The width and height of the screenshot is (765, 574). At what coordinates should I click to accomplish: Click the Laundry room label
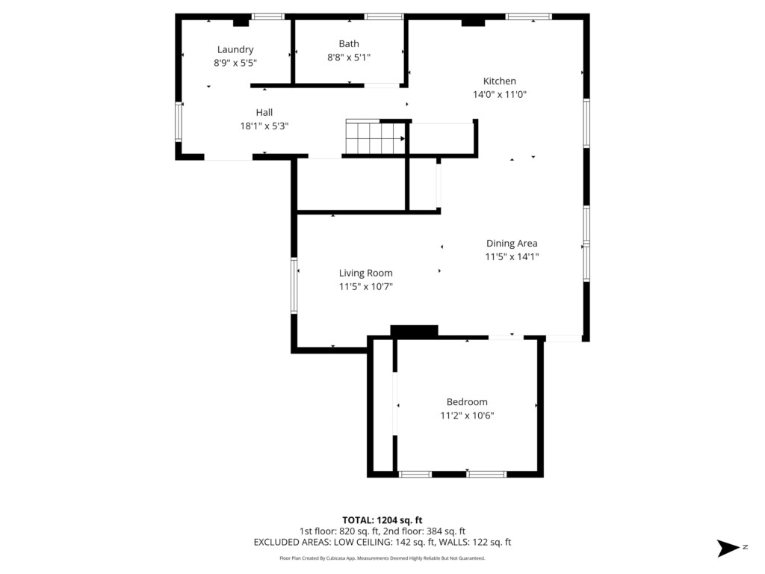pyautogui.click(x=235, y=49)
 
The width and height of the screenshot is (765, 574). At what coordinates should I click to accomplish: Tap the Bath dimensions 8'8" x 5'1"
pyautogui.click(x=349, y=57)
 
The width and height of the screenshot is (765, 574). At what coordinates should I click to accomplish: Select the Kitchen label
pyautogui.click(x=500, y=81)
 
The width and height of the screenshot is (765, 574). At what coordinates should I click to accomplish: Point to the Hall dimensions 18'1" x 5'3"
pyautogui.click(x=264, y=126)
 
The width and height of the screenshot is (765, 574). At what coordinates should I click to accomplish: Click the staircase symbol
pyautogui.click(x=376, y=137)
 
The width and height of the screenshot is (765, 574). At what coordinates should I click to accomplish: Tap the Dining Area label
pyautogui.click(x=512, y=243)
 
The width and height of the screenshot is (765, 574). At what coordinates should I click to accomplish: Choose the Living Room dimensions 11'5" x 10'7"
pyautogui.click(x=366, y=286)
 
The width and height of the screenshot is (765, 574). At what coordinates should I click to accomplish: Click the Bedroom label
pyautogui.click(x=467, y=401)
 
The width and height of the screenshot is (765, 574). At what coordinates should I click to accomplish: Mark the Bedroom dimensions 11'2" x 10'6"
pyautogui.click(x=467, y=416)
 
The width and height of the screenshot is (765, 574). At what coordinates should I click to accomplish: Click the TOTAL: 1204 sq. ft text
pyautogui.click(x=382, y=520)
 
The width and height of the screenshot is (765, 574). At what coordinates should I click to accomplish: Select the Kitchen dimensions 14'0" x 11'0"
pyautogui.click(x=500, y=95)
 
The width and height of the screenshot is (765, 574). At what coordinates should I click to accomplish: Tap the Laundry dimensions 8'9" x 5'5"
pyautogui.click(x=235, y=63)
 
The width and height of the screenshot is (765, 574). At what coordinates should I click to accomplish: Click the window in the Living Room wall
pyautogui.click(x=294, y=286)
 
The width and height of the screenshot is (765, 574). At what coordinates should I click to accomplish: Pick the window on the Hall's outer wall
pyautogui.click(x=179, y=122)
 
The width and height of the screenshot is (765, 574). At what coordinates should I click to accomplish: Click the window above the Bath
pyautogui.click(x=384, y=16)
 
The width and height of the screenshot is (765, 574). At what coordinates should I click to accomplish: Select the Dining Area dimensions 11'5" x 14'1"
pyautogui.click(x=512, y=257)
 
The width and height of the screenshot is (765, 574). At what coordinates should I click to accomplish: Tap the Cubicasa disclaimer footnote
pyautogui.click(x=382, y=558)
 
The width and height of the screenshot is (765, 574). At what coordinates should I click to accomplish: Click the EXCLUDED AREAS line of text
pyautogui.click(x=382, y=543)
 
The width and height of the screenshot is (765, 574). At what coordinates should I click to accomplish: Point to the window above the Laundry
pyautogui.click(x=268, y=16)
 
